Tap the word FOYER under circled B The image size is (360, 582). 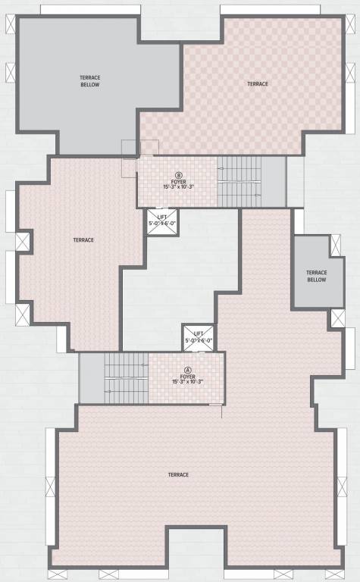click(179, 181)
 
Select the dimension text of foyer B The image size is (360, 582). click(179, 186)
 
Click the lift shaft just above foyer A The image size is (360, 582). click(199, 337)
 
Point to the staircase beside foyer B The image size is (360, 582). click(239, 181)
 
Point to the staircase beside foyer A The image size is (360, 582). click(126, 378)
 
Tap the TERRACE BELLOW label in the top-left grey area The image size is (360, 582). click(90, 80)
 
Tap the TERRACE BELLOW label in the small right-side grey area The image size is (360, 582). click(316, 276)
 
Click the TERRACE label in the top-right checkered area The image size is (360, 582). click(258, 83)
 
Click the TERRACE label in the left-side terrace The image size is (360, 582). click(83, 240)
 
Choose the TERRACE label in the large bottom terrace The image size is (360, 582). click(178, 474)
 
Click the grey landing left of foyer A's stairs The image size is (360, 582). click(91, 378)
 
